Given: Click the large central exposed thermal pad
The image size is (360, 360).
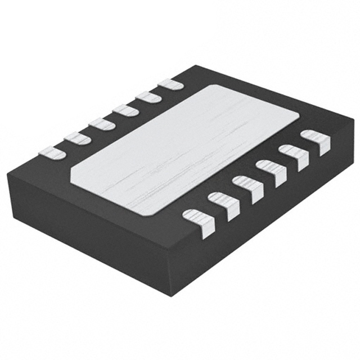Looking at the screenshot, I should (x=186, y=149).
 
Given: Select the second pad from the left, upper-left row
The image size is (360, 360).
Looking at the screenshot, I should (x=76, y=137).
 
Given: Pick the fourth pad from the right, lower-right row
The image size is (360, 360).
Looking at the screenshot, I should (x=247, y=188).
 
